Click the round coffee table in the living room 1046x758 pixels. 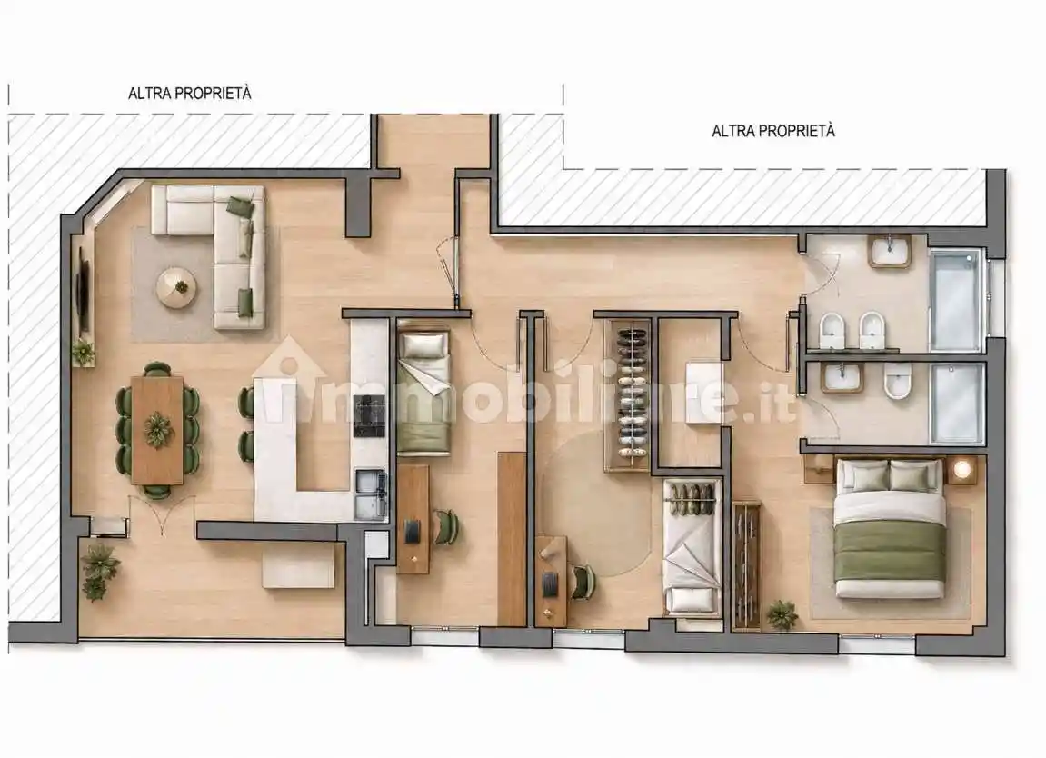click(177, 287)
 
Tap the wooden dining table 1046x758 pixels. click(157, 431)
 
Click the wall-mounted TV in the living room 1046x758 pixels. click(84, 291)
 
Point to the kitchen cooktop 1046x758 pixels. click(369, 415)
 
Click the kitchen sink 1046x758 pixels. click(370, 494)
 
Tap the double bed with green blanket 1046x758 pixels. click(890, 527)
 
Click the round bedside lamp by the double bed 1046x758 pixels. click(962, 469)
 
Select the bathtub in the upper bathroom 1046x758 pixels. click(956, 300)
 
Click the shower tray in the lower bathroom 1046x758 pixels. click(957, 404)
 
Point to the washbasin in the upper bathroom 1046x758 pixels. click(890, 252)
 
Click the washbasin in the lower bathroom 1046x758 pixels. click(842, 378)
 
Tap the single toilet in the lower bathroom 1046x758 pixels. click(897, 383)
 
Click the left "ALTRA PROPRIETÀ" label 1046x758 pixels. click(189, 94)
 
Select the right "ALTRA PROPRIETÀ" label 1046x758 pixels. click(773, 131)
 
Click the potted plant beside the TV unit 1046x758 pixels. click(83, 352)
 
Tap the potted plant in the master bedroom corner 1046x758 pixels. click(782, 614)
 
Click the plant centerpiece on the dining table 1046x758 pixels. click(158, 430)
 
